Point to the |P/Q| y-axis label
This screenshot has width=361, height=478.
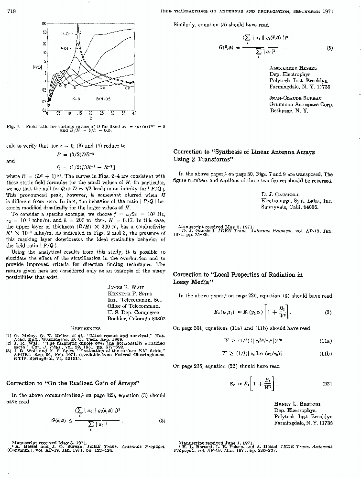pos(36,67)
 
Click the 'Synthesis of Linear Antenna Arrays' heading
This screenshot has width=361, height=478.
pos(244,152)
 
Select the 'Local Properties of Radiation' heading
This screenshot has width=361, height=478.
pos(238,275)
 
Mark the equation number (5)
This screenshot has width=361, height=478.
pos(329,48)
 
